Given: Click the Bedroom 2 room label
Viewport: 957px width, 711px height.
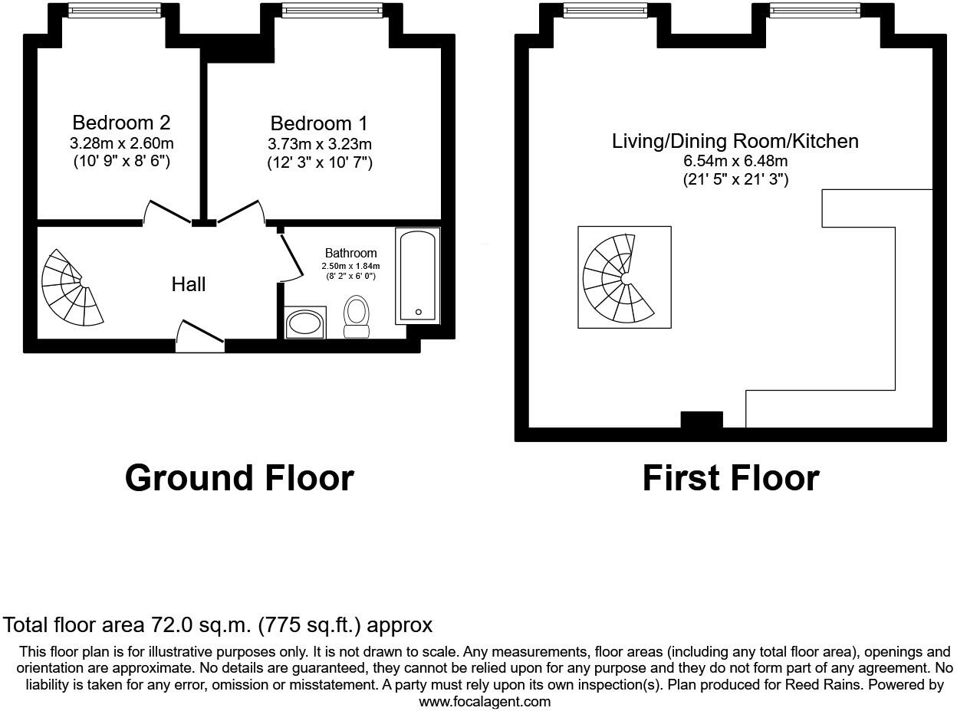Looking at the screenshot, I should tap(121, 123).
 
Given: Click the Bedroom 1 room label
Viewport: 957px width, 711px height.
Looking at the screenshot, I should tap(319, 123).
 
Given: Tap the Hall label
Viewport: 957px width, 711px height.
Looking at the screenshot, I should tap(189, 284).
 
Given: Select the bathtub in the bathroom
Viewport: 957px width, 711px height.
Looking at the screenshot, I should tap(418, 275).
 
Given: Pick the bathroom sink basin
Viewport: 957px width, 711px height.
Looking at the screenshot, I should tap(305, 323).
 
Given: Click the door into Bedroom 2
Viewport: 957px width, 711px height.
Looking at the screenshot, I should tap(167, 212).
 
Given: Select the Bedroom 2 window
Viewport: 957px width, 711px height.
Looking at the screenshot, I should tap(114, 10).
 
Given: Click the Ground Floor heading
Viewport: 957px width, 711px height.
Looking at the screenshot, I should tap(239, 478).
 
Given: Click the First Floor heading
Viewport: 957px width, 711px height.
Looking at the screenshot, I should tap(730, 478).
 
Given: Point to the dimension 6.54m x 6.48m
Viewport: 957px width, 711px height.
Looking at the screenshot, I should tap(735, 161).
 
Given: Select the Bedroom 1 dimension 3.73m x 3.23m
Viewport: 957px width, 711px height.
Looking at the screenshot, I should tap(319, 144).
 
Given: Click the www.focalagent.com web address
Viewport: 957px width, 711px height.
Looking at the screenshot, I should tap(484, 701).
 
